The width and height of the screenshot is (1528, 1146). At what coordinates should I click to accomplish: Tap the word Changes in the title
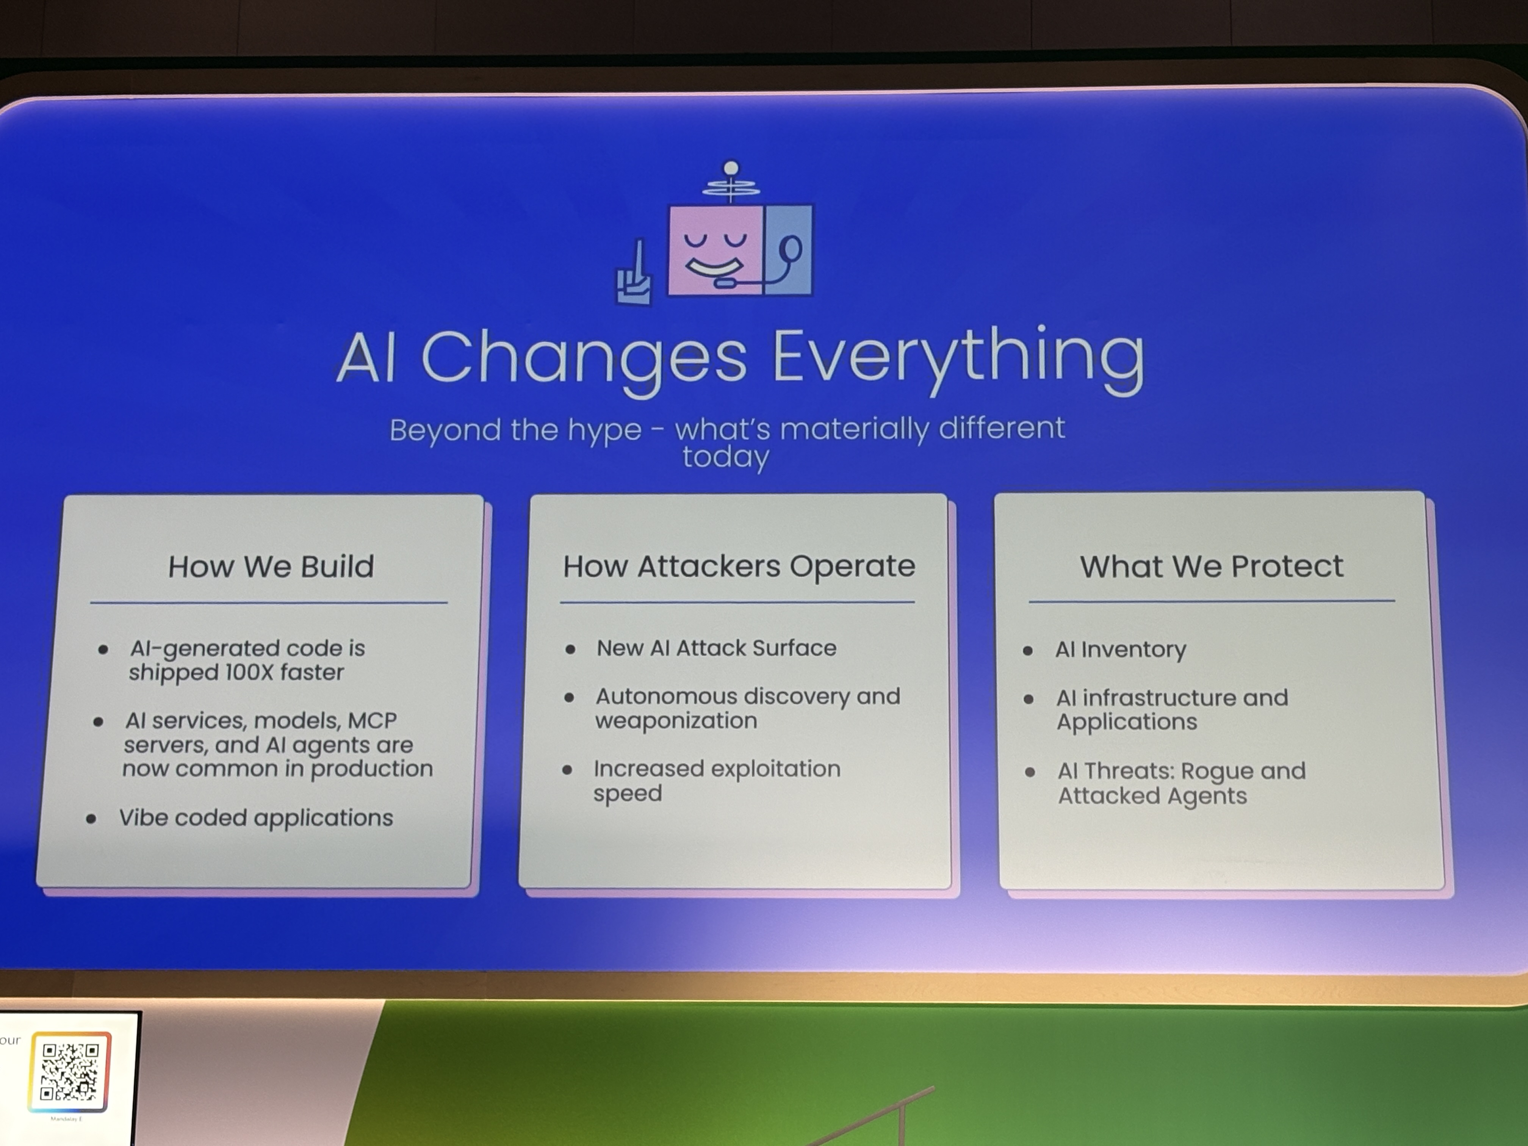(584, 360)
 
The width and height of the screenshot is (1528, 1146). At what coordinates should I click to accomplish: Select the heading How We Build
(271, 567)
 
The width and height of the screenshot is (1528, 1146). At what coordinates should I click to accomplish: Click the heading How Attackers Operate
(739, 567)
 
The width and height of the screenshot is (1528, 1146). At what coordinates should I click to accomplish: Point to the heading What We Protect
(1212, 567)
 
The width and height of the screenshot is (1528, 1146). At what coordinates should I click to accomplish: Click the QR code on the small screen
(69, 1071)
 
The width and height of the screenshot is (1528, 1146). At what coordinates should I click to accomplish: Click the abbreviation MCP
(372, 720)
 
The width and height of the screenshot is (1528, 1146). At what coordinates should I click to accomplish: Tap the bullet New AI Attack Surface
(716, 648)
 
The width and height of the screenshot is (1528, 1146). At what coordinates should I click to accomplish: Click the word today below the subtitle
(725, 458)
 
